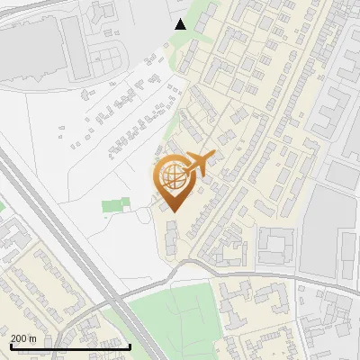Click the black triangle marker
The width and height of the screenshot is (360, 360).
click(x=181, y=24)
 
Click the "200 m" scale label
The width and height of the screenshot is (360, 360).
click(x=23, y=337)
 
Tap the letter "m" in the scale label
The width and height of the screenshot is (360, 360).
click(x=33, y=337)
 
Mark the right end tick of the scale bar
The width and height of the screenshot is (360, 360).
click(x=130, y=346)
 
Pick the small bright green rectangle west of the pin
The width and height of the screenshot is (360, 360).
click(x=112, y=206)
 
